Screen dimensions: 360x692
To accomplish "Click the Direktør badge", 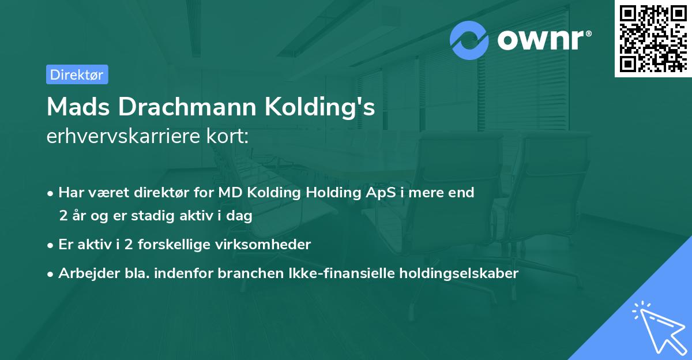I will click(x=77, y=74).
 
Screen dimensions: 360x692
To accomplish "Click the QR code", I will click(x=653, y=38).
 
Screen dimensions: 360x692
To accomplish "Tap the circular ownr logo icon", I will click(x=469, y=40).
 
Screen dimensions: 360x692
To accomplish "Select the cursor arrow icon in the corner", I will click(x=657, y=327).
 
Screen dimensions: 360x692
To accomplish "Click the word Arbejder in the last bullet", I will click(x=84, y=273).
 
